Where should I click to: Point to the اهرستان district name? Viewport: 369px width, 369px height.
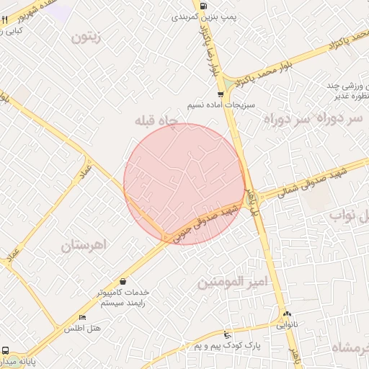[x=84, y=245]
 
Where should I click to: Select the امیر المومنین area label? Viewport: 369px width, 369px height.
[x=232, y=281]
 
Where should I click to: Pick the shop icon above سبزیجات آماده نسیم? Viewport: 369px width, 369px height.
[x=220, y=94]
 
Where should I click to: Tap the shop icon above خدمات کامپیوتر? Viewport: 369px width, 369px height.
[x=124, y=281]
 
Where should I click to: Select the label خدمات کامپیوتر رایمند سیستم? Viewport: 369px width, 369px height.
[x=124, y=298]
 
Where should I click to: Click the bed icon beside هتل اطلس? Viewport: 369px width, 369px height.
[x=82, y=318]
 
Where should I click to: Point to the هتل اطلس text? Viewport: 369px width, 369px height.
[x=83, y=329]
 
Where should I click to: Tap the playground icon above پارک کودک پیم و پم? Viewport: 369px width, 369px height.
[x=228, y=334]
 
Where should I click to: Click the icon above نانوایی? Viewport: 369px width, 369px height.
[x=287, y=314]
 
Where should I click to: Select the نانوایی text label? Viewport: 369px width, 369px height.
[x=286, y=324]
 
